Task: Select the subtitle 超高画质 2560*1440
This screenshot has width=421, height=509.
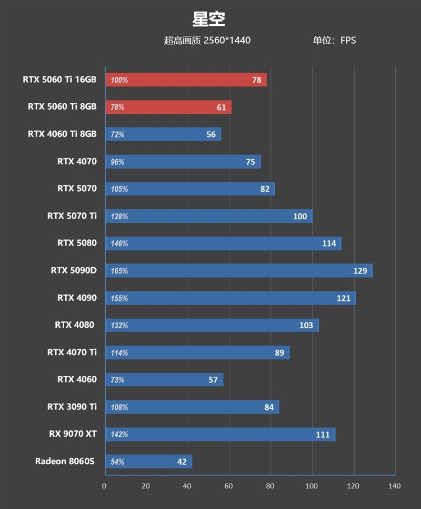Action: (x=207, y=41)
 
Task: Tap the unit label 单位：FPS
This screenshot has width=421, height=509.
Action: (x=334, y=41)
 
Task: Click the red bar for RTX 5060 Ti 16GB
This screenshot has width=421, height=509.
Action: (x=186, y=80)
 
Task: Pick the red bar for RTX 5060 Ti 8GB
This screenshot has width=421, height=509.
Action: (x=168, y=107)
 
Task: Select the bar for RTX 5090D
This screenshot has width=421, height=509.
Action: (x=239, y=271)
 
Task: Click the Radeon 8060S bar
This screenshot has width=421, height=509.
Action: (x=149, y=462)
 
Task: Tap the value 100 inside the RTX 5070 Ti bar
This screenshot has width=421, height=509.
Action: (x=300, y=217)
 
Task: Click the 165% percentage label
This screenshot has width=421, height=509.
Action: (x=119, y=271)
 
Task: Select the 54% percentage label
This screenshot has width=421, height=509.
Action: (x=117, y=462)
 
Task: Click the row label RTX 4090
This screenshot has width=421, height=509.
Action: (x=77, y=298)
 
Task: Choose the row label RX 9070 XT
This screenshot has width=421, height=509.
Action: (x=73, y=434)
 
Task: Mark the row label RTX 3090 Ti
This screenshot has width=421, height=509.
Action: (x=72, y=407)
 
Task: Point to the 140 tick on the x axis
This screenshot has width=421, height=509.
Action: (x=394, y=486)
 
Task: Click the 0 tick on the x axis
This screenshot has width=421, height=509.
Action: (x=104, y=486)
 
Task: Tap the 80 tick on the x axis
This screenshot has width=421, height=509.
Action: (x=270, y=486)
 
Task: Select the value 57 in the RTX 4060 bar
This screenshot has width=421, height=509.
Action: (x=213, y=380)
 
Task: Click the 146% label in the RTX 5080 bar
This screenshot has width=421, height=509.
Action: (x=119, y=243)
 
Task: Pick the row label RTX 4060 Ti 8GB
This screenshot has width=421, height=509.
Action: (x=62, y=134)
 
